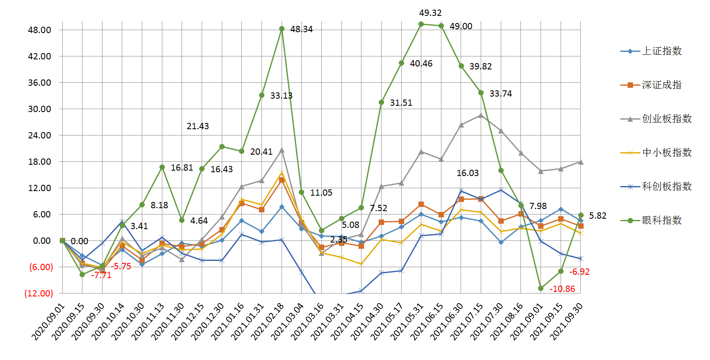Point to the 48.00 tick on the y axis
(x=40, y=30)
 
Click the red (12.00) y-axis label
(x=39, y=294)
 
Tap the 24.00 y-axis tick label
(x=40, y=135)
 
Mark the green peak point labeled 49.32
(x=421, y=24)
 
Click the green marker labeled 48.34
(x=282, y=29)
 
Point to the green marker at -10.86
(x=541, y=289)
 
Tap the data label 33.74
(x=501, y=94)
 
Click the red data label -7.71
(x=101, y=275)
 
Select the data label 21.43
(x=197, y=126)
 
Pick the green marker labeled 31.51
(x=382, y=102)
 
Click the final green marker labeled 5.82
(x=581, y=215)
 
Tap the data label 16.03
(x=467, y=173)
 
